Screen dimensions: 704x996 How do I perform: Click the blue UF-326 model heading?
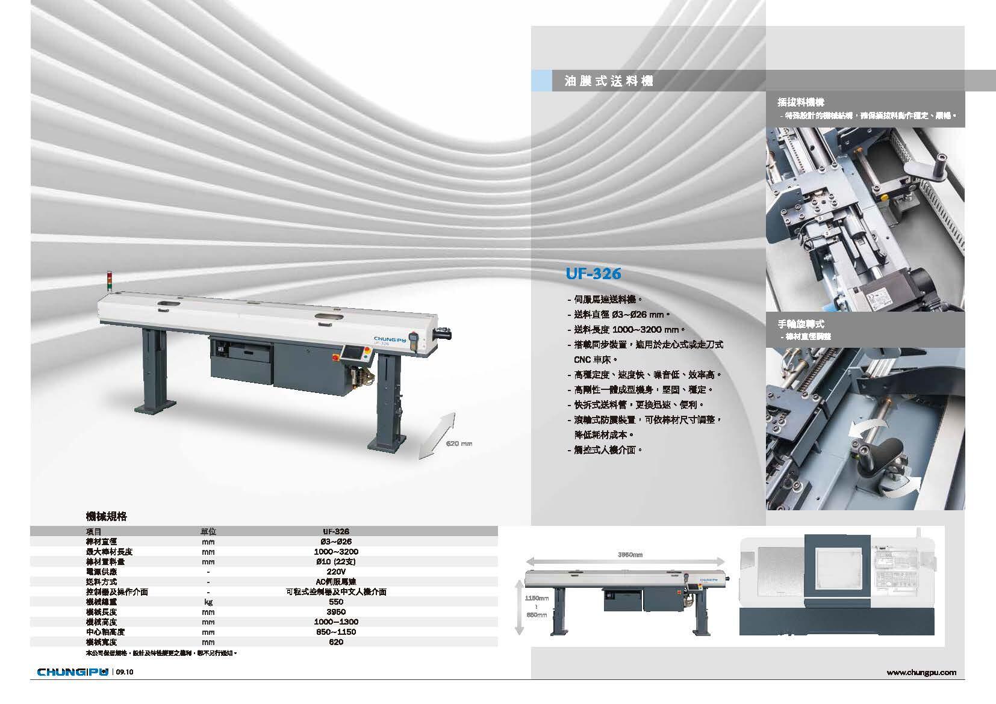pos(593,274)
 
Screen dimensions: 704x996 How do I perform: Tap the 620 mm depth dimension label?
pos(459,443)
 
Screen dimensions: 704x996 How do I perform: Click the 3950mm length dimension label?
pos(630,554)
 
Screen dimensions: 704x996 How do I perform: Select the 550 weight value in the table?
pos(336,602)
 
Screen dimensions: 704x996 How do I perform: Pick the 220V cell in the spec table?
pos(336,572)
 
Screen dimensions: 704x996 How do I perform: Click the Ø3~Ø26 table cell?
pos(336,542)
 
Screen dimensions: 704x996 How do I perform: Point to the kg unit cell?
pos(208,602)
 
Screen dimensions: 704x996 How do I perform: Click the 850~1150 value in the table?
pos(336,632)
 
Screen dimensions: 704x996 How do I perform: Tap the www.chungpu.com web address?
pos(921,672)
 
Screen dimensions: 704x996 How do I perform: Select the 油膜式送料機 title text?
pos(609,81)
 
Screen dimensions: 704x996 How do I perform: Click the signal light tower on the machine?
pos(109,282)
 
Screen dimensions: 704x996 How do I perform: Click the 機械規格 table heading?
pos(107,516)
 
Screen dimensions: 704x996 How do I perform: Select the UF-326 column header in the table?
pos(336,531)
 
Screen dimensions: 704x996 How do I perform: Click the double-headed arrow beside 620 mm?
pos(435,436)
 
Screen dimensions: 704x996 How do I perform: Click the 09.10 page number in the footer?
pos(125,672)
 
